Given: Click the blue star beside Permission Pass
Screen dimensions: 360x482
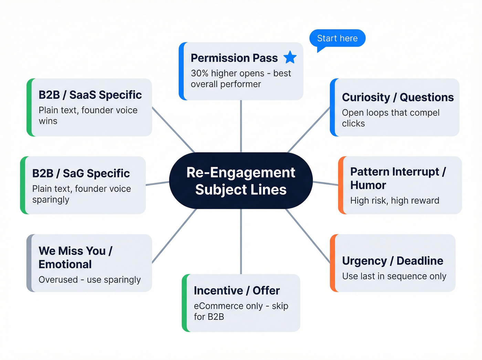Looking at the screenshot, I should coord(290,58).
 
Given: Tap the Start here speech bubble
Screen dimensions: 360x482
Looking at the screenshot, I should coord(337,38).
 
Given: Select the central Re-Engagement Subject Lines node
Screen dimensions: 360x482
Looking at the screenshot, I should coord(241,181).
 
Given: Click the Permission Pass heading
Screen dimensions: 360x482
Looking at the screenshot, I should coord(234,58).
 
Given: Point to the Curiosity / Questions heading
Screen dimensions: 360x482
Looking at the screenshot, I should coord(398,97).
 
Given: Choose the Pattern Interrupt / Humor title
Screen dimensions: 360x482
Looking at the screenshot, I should coord(398,178).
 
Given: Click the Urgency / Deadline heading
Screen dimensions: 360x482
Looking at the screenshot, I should coord(392,261).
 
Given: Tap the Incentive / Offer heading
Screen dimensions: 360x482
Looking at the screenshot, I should coord(237,290).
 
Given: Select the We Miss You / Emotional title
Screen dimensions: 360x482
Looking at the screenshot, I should coord(75,257).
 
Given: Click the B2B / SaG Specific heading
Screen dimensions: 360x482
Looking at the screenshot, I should coord(81,173).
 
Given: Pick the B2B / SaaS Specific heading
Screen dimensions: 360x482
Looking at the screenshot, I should coord(90,95).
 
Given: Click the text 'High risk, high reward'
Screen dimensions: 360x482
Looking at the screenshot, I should coord(395,200).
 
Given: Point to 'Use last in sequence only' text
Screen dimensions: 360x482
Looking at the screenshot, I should coord(394,276).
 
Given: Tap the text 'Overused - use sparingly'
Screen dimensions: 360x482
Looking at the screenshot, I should coord(90,280).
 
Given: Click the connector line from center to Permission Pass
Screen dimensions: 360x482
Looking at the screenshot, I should coord(241,126).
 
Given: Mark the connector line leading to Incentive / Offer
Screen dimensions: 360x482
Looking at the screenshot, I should coord(241,241).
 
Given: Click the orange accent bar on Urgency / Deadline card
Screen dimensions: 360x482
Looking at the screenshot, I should coord(333,263).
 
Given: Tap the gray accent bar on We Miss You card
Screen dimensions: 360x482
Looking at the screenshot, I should coord(29,263).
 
